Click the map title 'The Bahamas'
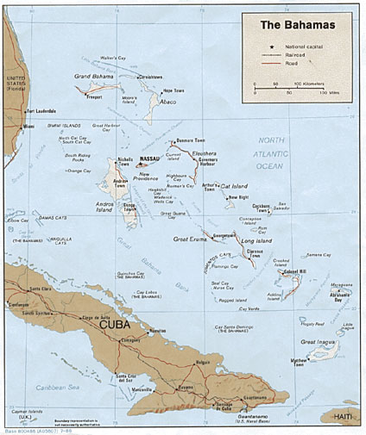(298, 24)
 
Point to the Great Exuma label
(192, 239)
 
